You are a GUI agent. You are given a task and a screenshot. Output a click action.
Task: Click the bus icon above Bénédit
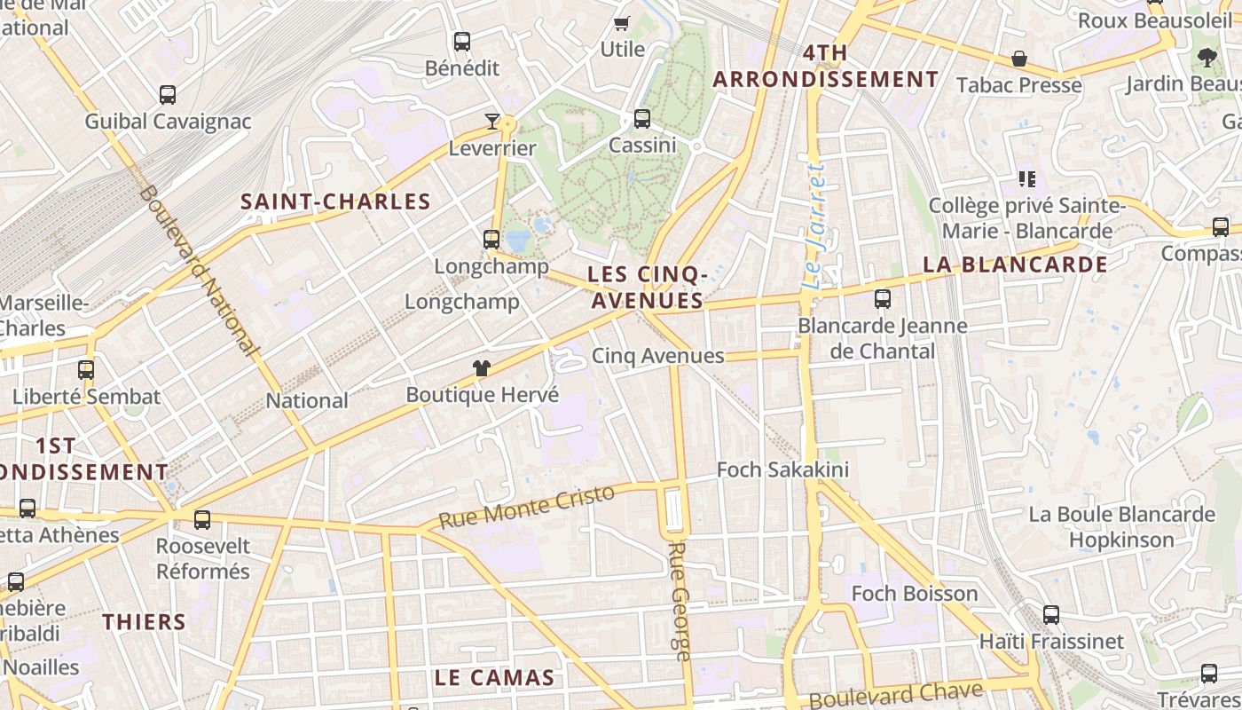coord(461,41)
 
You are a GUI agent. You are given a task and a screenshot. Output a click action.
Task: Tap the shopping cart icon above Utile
coord(622,23)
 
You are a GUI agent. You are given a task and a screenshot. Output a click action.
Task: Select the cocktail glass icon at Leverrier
coord(492,122)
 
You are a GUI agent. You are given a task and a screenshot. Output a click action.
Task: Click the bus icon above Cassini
coord(641,118)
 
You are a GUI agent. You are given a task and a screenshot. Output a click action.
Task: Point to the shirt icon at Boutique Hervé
coord(482,368)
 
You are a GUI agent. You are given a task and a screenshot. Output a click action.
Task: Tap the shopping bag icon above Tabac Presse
coord(1019,59)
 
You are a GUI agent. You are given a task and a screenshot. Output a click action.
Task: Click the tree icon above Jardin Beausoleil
coord(1207,58)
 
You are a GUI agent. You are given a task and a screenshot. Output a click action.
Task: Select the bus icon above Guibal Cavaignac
coord(168,94)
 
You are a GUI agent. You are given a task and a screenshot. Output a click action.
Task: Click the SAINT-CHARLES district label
coord(335,201)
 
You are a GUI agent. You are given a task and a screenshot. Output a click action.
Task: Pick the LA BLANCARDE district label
coord(1015,264)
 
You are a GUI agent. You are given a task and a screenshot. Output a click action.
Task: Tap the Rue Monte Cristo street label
coord(526,507)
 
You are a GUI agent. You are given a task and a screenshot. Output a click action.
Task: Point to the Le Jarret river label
coord(815,226)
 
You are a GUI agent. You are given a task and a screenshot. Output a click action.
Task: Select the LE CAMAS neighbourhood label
coord(494,678)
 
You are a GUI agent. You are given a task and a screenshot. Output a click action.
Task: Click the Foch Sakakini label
coord(782,469)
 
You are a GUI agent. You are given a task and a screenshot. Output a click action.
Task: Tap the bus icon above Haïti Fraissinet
coord(1051,614)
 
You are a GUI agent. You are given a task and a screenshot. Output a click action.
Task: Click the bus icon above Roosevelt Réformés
coord(202,519)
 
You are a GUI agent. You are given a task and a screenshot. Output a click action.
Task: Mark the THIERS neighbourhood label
coord(144,621)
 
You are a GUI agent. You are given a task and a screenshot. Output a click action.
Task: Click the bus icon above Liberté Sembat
coord(86,369)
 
